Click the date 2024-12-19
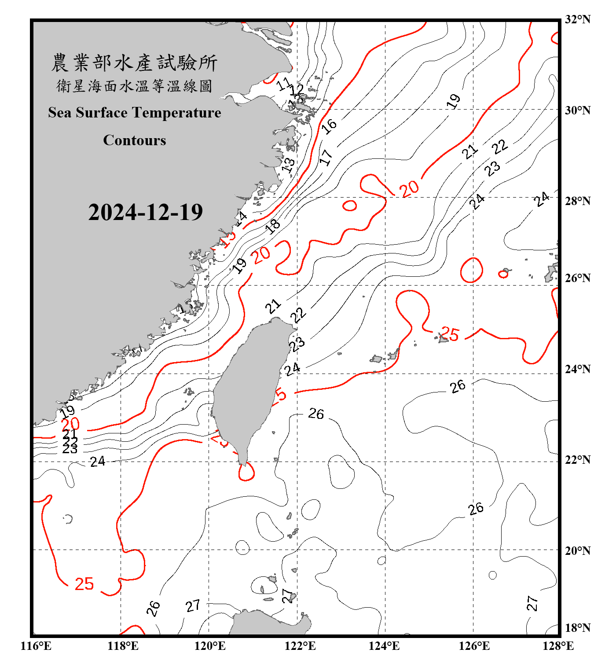pyautogui.click(x=145, y=213)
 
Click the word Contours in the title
pyautogui.click(x=135, y=140)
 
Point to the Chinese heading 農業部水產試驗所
pyautogui.click(x=134, y=63)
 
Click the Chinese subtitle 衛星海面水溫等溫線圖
pyautogui.click(x=134, y=86)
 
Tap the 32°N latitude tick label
pyautogui.click(x=577, y=19)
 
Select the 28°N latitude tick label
pyautogui.click(x=577, y=201)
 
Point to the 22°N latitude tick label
pyautogui.click(x=577, y=460)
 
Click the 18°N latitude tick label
pyautogui.click(x=577, y=628)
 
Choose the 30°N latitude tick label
pyautogui.click(x=577, y=110)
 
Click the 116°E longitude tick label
pyautogui.click(x=36, y=646)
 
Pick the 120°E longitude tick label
pyautogui.click(x=210, y=646)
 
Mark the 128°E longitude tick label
pyautogui.click(x=558, y=646)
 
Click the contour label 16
pyautogui.click(x=329, y=126)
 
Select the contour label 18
pyautogui.click(x=273, y=226)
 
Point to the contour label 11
pyautogui.click(x=284, y=84)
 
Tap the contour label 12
pyautogui.click(x=297, y=91)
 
